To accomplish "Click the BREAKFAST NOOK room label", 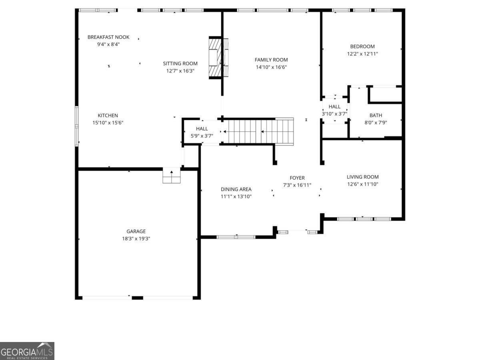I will (108, 37).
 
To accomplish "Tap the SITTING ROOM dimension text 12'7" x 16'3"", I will (180, 71).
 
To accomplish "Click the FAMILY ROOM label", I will (271, 60).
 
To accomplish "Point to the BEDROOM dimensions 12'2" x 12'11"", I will (362, 54).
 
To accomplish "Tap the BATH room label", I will (376, 116).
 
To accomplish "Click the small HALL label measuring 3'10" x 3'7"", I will (334, 107).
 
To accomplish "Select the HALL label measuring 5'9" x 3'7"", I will (202, 129).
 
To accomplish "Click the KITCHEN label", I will (108, 116).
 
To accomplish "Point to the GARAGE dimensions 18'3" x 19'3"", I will (136, 238).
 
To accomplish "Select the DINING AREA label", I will (236, 189).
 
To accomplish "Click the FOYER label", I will (297, 178).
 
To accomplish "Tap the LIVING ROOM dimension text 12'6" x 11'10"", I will (362, 184).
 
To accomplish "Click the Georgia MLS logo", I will (27, 351).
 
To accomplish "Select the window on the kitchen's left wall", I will (76, 124).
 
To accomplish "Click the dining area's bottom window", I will (236, 237).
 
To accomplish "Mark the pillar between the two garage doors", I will (137, 298).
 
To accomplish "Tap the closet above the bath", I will (385, 94).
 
